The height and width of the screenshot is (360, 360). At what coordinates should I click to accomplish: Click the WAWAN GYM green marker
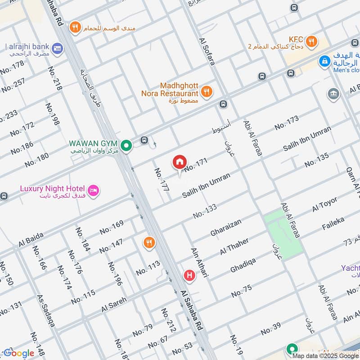(x=127, y=145)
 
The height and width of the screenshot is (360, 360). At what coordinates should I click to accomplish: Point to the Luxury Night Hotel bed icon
(x=94, y=190)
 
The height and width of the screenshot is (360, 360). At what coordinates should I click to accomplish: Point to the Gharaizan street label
(x=226, y=227)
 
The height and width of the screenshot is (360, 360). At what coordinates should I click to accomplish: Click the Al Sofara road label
(x=207, y=50)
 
